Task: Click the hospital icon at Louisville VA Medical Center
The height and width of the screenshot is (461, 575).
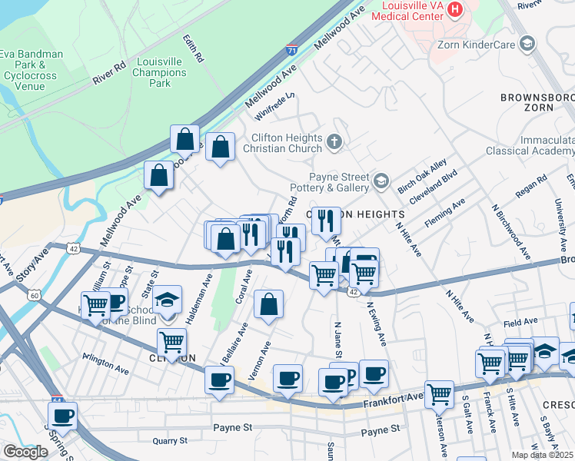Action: (455, 9)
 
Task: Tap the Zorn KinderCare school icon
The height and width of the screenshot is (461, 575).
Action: (527, 44)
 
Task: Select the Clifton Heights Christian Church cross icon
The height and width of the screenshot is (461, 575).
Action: (334, 141)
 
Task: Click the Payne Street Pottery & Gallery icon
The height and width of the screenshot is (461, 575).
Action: (381, 181)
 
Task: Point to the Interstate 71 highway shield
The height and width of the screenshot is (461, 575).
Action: (291, 49)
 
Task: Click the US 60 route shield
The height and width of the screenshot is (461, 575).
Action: (35, 294)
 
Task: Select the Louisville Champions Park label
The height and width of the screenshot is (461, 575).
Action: (160, 72)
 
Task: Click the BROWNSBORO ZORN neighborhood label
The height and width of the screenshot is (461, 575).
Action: (537, 102)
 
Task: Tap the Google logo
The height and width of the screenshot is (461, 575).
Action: (25, 452)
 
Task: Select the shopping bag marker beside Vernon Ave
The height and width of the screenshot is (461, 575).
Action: (268, 304)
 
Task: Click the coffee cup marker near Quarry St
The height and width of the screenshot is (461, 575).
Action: (64, 416)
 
